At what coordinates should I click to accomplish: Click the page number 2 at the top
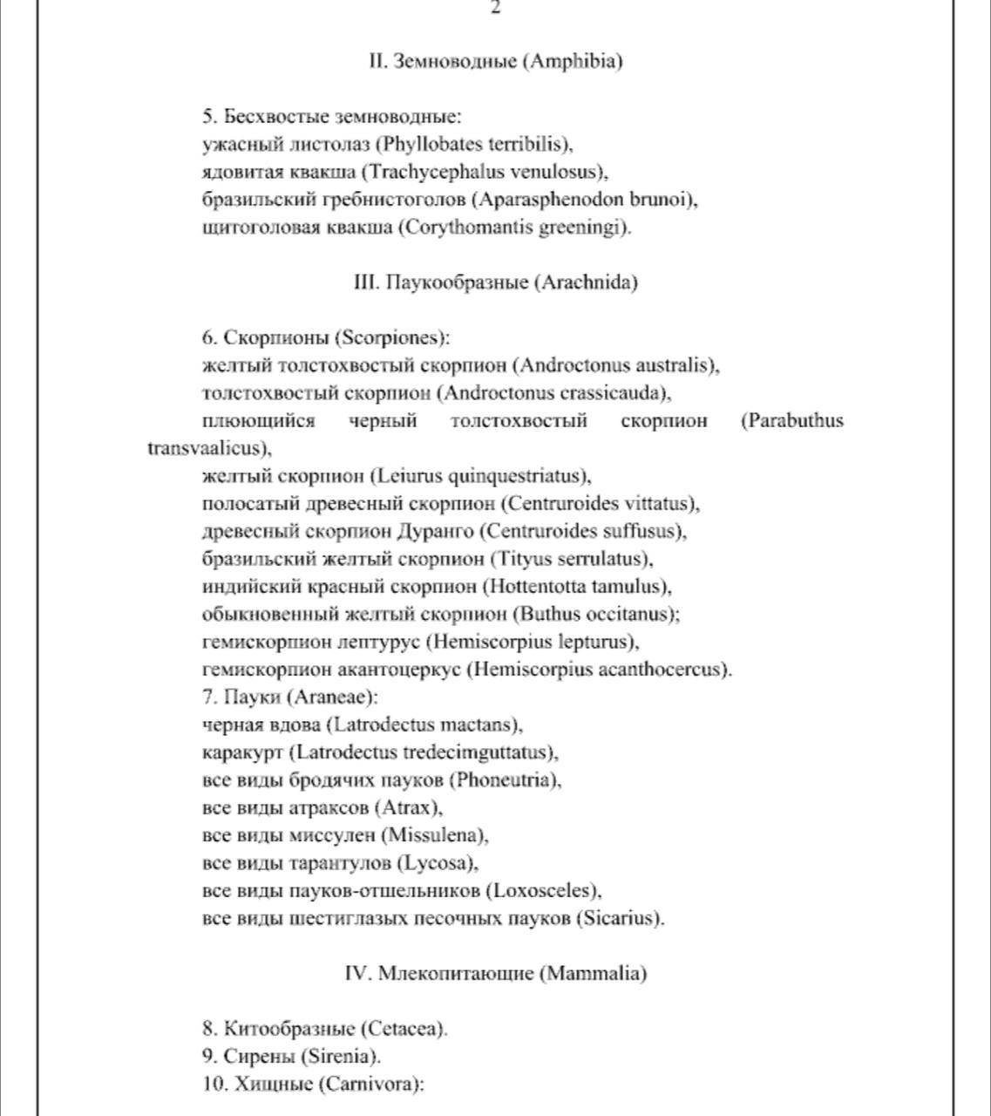point(495,8)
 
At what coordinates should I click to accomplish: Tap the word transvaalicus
point(205,449)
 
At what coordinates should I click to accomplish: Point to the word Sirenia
point(340,1057)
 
